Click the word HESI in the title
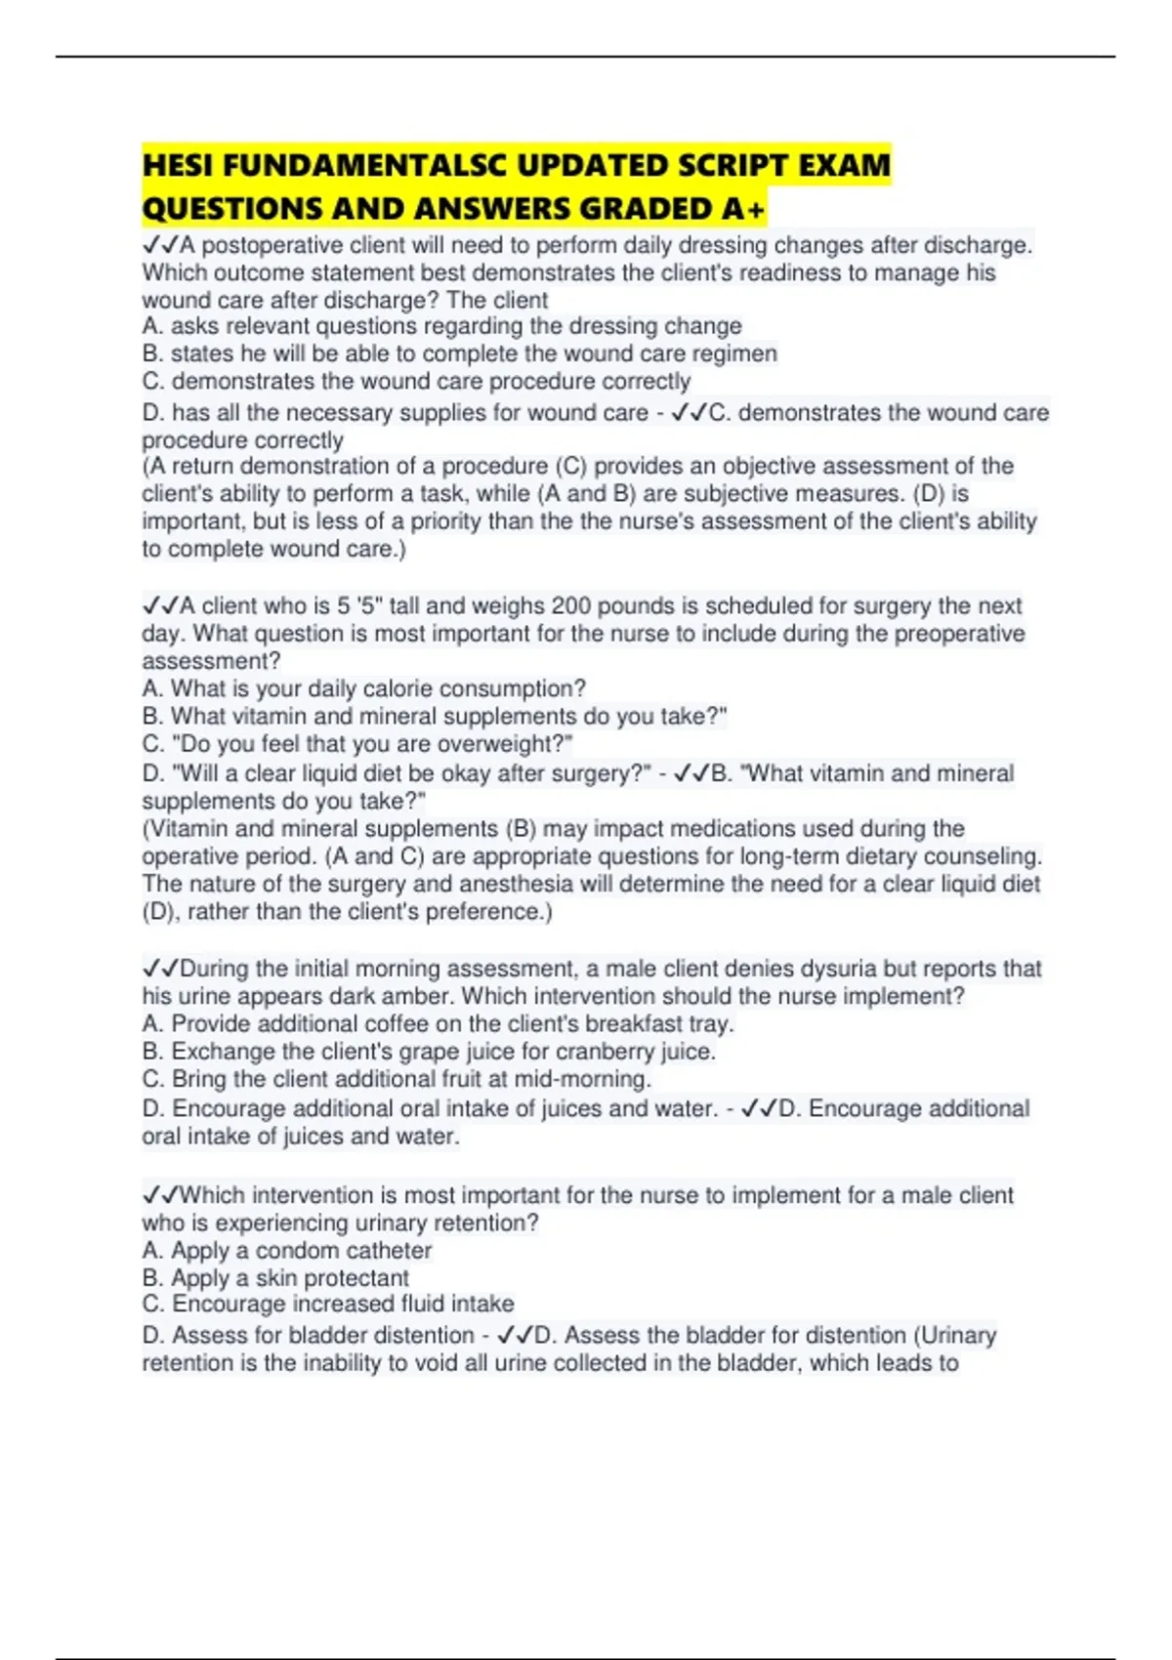point(178,165)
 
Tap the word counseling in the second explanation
point(984,856)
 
